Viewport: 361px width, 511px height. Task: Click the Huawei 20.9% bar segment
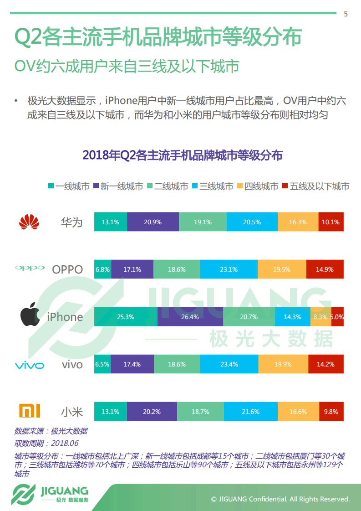tap(153, 222)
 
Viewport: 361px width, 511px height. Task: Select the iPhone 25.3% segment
tap(126, 317)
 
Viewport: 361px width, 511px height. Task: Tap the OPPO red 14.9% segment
tap(325, 269)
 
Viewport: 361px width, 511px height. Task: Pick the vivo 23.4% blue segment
tap(229, 364)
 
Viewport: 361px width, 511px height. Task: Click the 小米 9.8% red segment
tap(331, 412)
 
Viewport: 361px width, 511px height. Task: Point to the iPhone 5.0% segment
tap(337, 317)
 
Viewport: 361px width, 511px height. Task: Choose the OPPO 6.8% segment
tap(102, 269)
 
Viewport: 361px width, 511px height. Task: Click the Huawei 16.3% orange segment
tap(298, 222)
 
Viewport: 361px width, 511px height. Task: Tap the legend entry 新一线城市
tap(118, 186)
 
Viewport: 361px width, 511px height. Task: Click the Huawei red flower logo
tap(30, 222)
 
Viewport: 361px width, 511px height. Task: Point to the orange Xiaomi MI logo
tap(30, 411)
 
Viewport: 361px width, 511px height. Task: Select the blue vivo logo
tap(30, 365)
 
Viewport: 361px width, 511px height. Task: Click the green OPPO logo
tap(30, 268)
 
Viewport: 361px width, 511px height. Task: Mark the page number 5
tap(346, 14)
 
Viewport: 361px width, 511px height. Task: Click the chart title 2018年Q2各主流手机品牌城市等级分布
tap(182, 155)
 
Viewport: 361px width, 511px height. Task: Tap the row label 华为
tap(72, 222)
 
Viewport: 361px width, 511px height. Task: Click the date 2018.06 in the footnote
tap(65, 443)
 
